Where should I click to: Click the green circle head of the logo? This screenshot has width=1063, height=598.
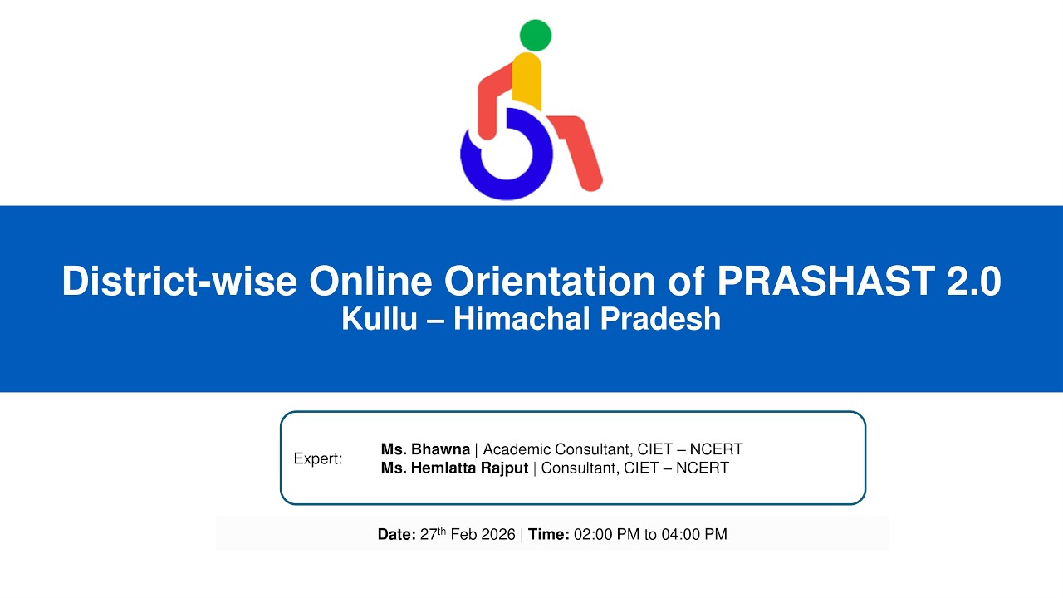point(536,35)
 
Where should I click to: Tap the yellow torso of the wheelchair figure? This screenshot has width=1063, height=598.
point(527,81)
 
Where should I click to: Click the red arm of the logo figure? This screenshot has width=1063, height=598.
point(490,103)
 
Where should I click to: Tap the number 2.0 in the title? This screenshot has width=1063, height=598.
point(973,281)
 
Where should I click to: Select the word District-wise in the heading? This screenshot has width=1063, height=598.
point(179,281)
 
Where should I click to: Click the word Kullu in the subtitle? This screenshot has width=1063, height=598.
point(379,319)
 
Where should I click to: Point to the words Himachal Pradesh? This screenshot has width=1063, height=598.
point(586,319)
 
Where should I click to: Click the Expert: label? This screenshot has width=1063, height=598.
point(318,458)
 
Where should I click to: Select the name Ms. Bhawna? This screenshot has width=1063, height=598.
point(425,449)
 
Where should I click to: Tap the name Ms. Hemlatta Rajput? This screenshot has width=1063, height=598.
point(454,468)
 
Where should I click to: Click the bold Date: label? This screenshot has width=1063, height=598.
point(396,535)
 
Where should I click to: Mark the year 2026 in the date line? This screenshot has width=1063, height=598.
point(497,535)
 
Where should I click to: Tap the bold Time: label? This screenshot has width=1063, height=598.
point(548,535)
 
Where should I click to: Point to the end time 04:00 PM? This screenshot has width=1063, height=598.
point(694,535)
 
